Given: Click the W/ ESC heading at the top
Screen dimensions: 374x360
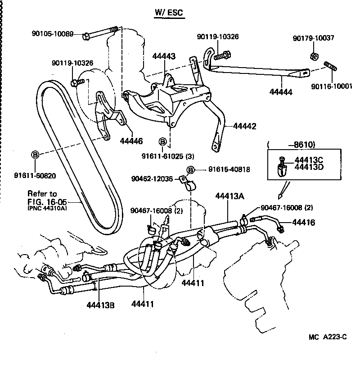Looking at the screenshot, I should click(169, 13).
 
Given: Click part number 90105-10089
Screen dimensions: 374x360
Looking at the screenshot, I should click(53, 33).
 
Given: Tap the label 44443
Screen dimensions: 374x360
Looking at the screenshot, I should click(164, 56).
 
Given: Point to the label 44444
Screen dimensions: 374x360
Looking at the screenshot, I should click(281, 92).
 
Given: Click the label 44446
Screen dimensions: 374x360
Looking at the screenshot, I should click(131, 141).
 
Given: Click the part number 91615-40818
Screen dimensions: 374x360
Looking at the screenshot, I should click(229, 169).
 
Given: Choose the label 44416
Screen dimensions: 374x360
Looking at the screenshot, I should click(303, 223).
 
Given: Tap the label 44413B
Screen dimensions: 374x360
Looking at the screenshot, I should click(101, 305).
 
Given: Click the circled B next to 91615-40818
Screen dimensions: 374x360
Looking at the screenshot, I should click(191, 170).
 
